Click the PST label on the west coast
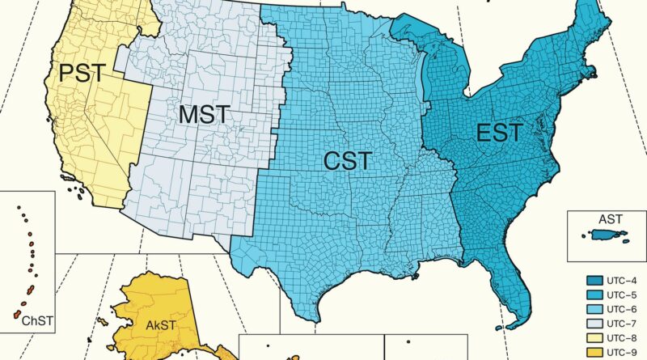coord(82,74)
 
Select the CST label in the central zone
coord(348,161)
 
